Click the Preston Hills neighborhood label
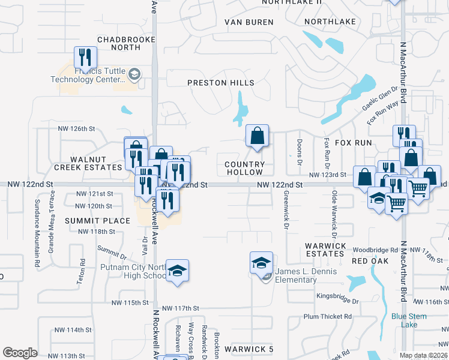(x=220, y=83)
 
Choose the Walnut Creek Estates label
(x=96, y=163)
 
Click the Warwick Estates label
(x=325, y=250)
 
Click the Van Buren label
(x=249, y=22)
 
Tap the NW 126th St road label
(x=77, y=128)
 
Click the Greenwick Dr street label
(x=286, y=211)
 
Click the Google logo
(x=20, y=353)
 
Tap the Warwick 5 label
(x=249, y=349)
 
